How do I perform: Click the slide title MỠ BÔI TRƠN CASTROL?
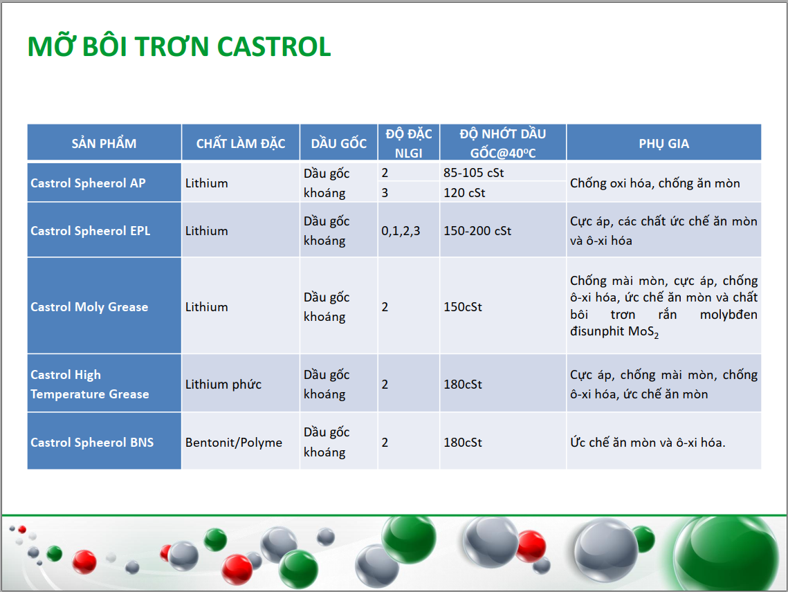click(x=179, y=46)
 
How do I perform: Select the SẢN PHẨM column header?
click(x=104, y=143)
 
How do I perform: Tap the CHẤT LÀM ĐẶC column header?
click(x=241, y=143)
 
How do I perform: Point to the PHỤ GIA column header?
click(x=664, y=144)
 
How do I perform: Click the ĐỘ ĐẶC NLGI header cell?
click(x=409, y=143)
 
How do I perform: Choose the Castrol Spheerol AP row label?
click(x=88, y=183)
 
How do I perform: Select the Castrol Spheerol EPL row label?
click(x=91, y=231)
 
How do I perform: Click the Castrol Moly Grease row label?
click(x=89, y=306)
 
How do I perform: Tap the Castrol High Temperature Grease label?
click(x=90, y=385)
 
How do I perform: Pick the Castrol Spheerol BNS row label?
click(x=92, y=442)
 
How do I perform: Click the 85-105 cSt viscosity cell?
click(x=473, y=173)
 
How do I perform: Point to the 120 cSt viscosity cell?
click(x=464, y=193)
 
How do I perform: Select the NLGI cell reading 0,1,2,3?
click(x=401, y=231)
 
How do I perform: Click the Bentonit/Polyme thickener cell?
click(x=234, y=443)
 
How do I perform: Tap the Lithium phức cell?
click(x=223, y=385)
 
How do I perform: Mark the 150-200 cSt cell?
click(x=477, y=231)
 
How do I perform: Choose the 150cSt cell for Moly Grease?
click(x=462, y=307)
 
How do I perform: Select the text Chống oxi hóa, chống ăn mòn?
click(x=655, y=183)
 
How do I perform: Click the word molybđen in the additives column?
click(x=729, y=315)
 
